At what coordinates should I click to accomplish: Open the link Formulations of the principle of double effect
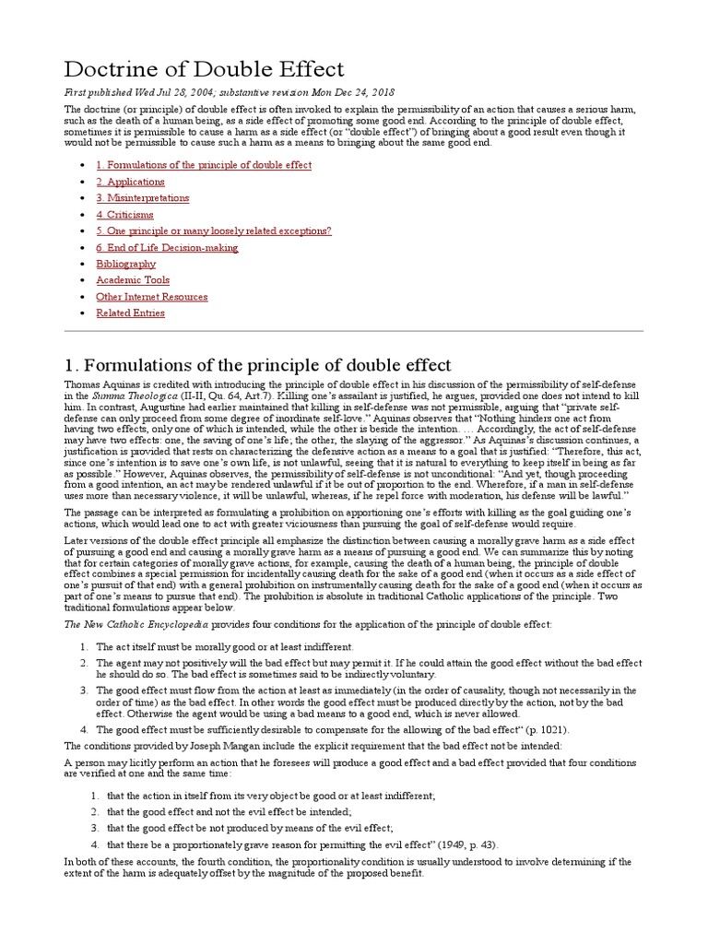[x=204, y=165]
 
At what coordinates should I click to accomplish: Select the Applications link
[x=130, y=182]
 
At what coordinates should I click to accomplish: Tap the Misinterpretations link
[x=143, y=198]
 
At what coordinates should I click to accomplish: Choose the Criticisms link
[x=124, y=215]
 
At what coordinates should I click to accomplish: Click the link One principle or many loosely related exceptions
[x=213, y=230]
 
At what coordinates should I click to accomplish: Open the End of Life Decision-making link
[x=167, y=247]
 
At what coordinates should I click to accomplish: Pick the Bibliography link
[x=125, y=264]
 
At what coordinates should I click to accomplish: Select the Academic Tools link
[x=133, y=280]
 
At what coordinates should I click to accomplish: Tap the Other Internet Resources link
[x=151, y=297]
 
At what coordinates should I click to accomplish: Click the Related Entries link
[x=130, y=313]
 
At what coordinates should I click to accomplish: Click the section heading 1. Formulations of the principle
[x=257, y=364]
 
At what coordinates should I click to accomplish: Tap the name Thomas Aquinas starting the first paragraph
[x=103, y=383]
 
